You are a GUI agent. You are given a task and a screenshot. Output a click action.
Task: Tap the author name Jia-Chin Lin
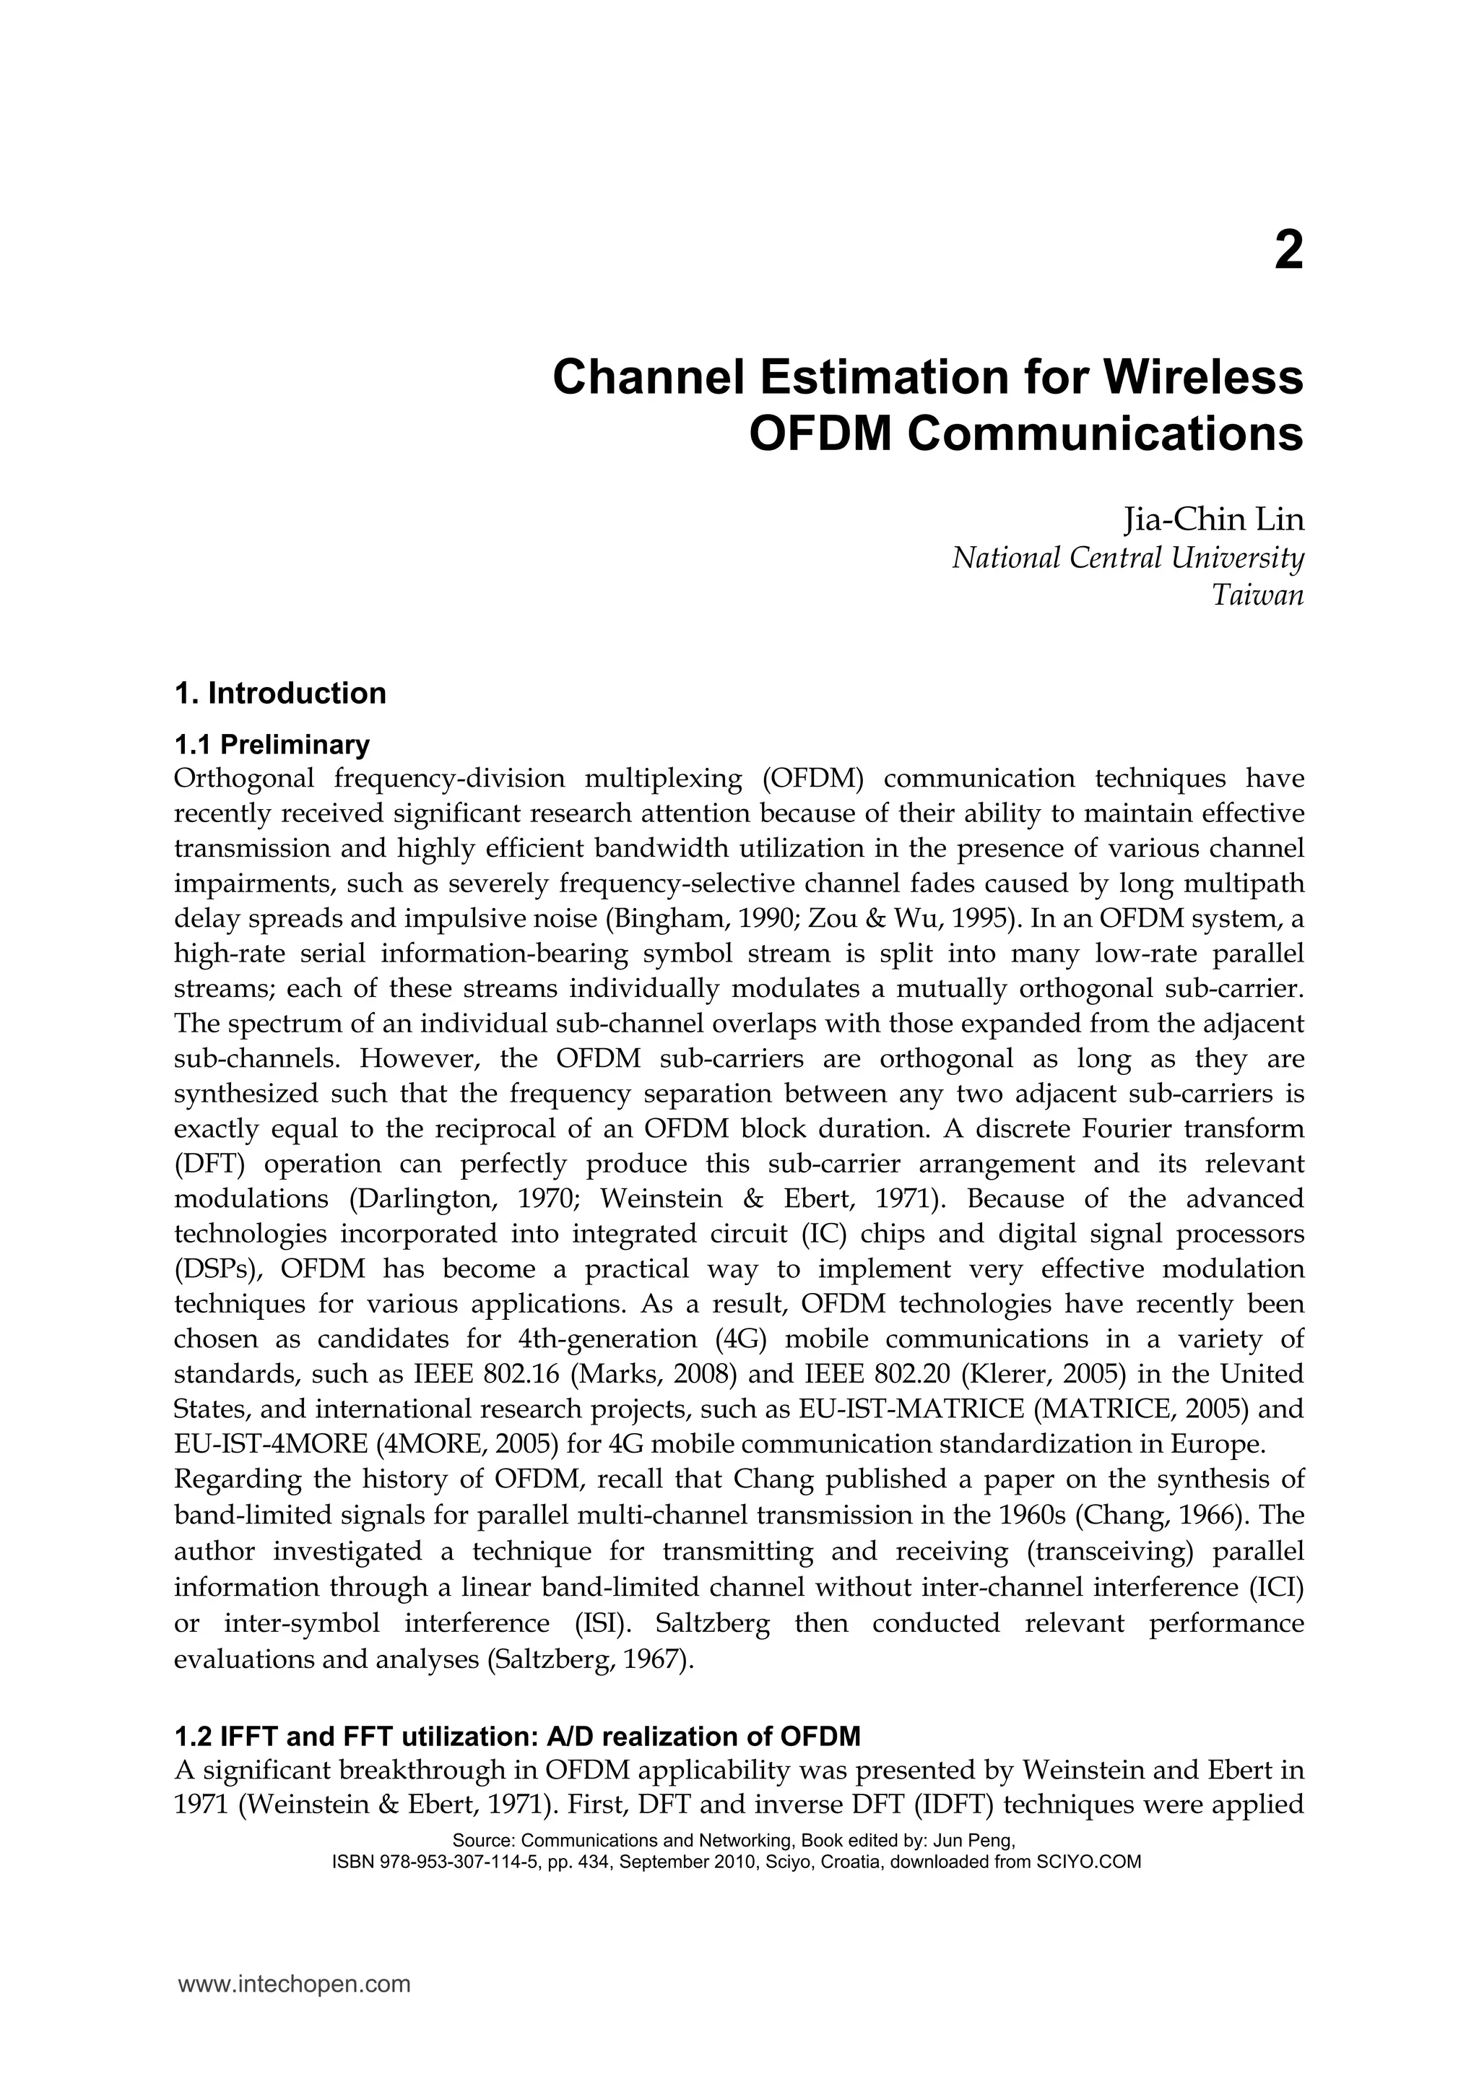coord(1213,520)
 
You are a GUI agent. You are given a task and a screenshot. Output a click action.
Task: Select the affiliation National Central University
coord(1127,558)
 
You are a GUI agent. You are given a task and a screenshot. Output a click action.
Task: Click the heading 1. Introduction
coord(279,693)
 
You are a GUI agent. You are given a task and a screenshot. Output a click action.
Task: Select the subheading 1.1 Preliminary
coord(272,746)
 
